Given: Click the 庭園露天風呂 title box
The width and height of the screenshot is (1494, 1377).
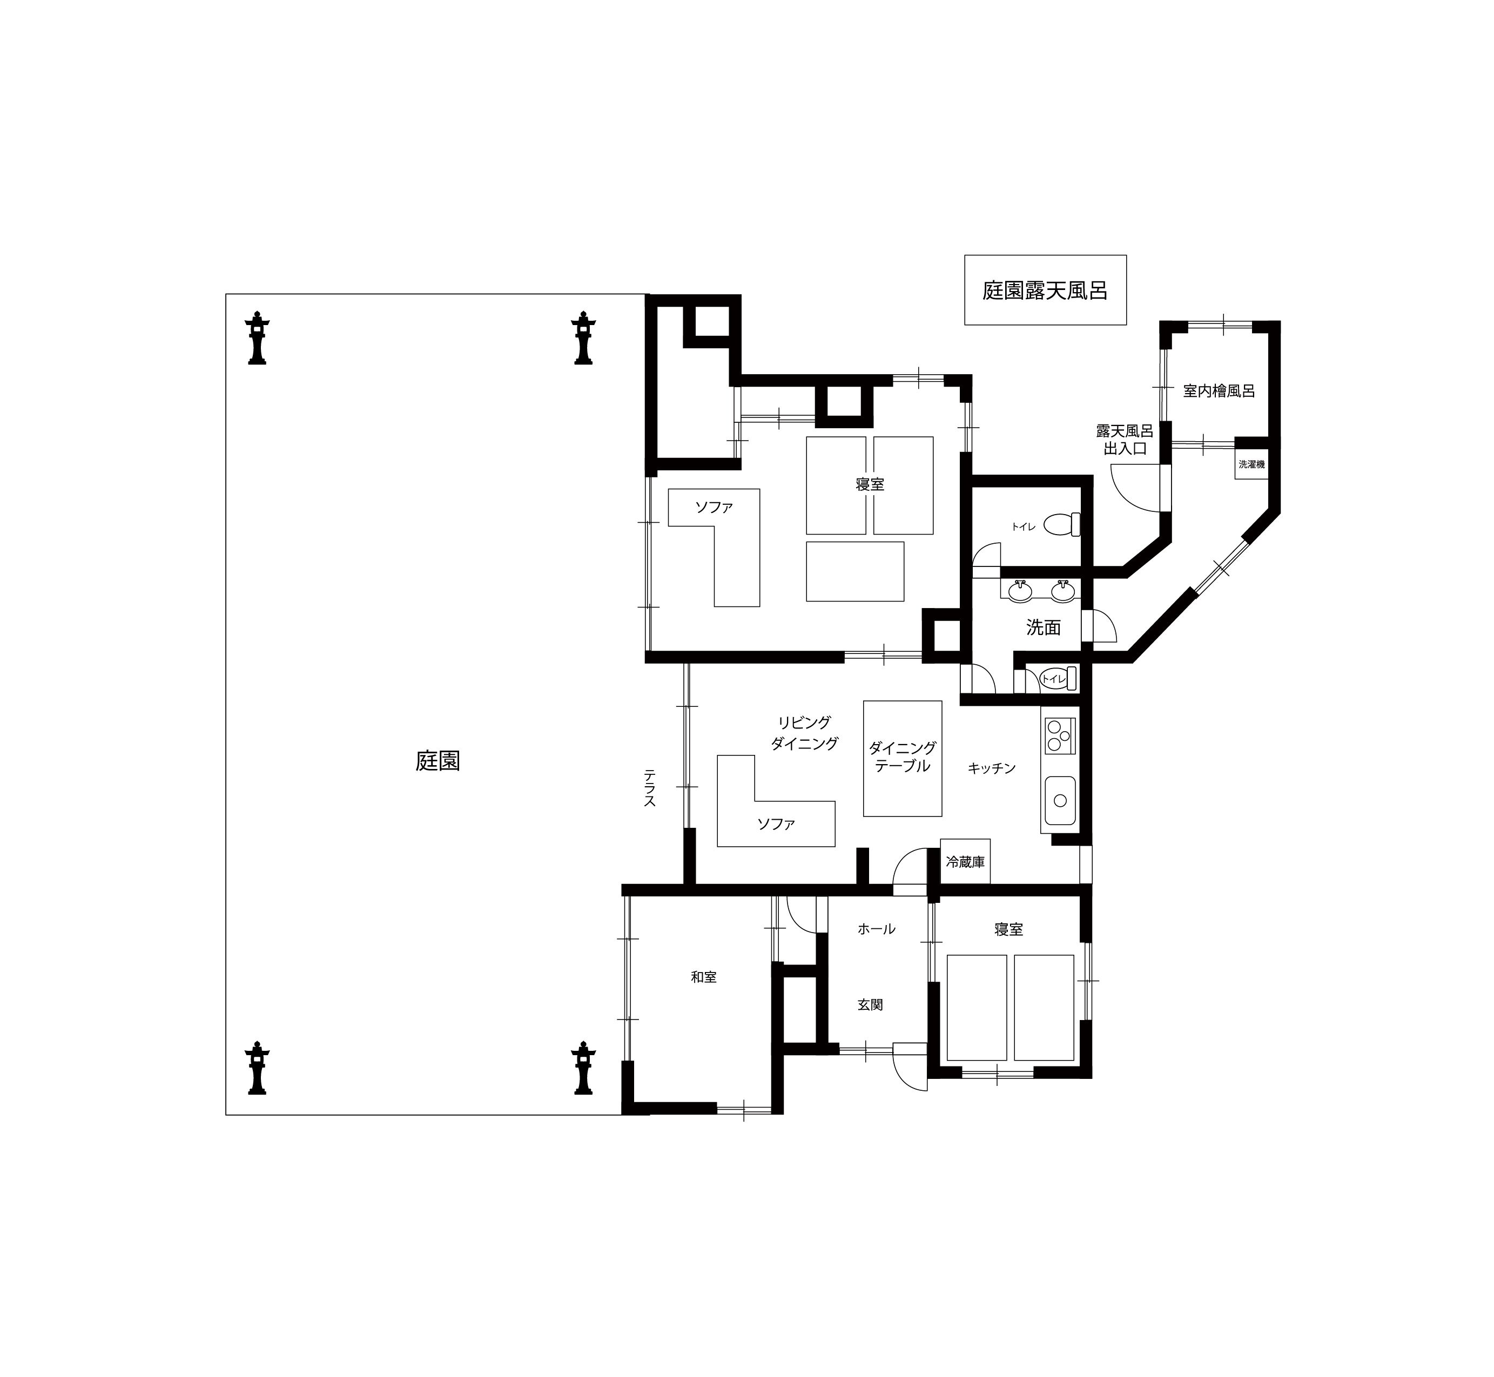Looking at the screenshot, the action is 1045,290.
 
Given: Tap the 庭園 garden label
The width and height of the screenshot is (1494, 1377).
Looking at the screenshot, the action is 438,761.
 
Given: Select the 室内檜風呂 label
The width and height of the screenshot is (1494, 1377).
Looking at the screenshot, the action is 1219,390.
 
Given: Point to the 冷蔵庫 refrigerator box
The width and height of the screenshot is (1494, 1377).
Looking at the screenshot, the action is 965,861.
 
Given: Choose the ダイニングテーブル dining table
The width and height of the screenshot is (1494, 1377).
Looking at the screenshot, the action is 903,758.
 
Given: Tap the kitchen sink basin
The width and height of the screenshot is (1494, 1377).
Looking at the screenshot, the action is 1060,800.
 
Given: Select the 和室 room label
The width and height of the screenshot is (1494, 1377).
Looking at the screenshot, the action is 703,977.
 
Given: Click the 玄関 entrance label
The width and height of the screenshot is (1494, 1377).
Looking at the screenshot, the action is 870,1004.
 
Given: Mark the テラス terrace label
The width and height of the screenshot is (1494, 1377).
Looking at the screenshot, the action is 650,788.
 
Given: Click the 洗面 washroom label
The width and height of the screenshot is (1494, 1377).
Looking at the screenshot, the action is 1043,627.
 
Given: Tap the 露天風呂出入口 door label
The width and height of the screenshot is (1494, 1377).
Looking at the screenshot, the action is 1125,440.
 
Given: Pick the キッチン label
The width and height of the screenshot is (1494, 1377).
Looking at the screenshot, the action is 992,768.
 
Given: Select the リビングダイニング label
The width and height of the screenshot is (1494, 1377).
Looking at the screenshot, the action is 804,732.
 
